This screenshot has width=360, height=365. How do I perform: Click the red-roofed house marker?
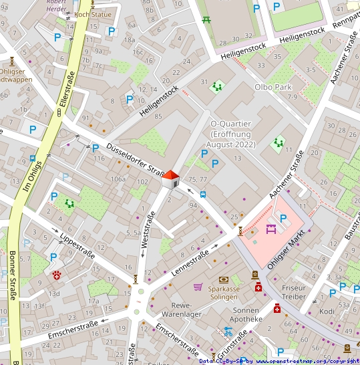171,178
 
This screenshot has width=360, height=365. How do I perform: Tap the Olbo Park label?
273,87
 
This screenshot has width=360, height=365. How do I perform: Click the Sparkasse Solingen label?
224,292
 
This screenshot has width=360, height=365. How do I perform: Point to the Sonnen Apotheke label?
252,315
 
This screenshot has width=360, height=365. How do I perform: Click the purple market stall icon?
271,229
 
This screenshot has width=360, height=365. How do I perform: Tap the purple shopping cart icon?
198,287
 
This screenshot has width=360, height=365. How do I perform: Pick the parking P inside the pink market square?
283,218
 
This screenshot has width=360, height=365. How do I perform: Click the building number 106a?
118,179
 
